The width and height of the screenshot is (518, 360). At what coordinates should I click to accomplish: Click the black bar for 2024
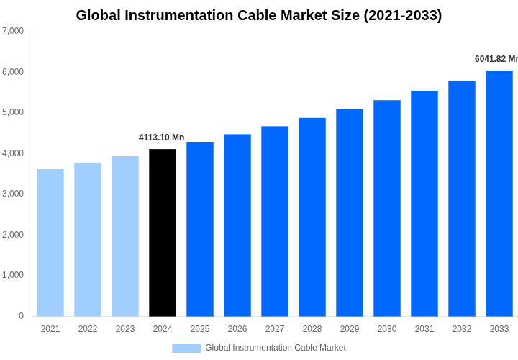coord(163,233)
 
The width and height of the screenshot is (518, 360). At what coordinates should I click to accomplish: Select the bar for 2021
coord(50,243)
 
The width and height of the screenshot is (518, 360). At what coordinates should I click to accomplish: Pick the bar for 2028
coord(312,217)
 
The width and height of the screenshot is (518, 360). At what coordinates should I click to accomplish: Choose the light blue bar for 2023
coord(125,236)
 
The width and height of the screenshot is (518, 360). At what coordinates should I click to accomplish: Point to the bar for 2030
coord(387,208)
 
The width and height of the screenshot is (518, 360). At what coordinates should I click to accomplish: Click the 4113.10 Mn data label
coord(161,138)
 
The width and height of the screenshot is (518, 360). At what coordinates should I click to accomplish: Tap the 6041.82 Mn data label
coord(496,59)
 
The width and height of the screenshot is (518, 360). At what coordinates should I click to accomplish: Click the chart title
coord(259,15)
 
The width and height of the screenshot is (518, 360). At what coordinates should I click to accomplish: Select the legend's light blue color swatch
coord(186,348)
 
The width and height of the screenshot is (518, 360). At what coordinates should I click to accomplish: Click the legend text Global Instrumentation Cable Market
coord(276,348)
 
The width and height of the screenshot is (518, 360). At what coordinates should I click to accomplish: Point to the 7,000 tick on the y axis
coord(13,31)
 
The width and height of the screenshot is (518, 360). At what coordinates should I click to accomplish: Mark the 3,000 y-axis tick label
coord(13,194)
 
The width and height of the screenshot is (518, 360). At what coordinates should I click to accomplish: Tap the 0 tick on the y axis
coord(21,316)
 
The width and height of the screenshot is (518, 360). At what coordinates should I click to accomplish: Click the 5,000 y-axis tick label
coord(13,112)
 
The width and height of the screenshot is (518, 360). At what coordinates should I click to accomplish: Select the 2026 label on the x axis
coord(237,329)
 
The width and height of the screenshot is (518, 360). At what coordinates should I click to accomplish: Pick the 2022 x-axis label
coord(88,329)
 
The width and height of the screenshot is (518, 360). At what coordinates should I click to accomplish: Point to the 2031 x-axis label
coord(424,329)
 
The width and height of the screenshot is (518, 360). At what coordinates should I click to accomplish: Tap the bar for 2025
coord(200,229)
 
